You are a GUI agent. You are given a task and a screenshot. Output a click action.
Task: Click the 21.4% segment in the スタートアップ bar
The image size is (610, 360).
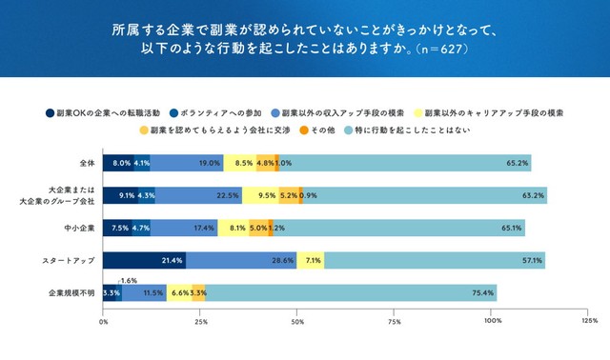144,260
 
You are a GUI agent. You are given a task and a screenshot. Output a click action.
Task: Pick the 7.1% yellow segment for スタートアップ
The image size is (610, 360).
312,260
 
